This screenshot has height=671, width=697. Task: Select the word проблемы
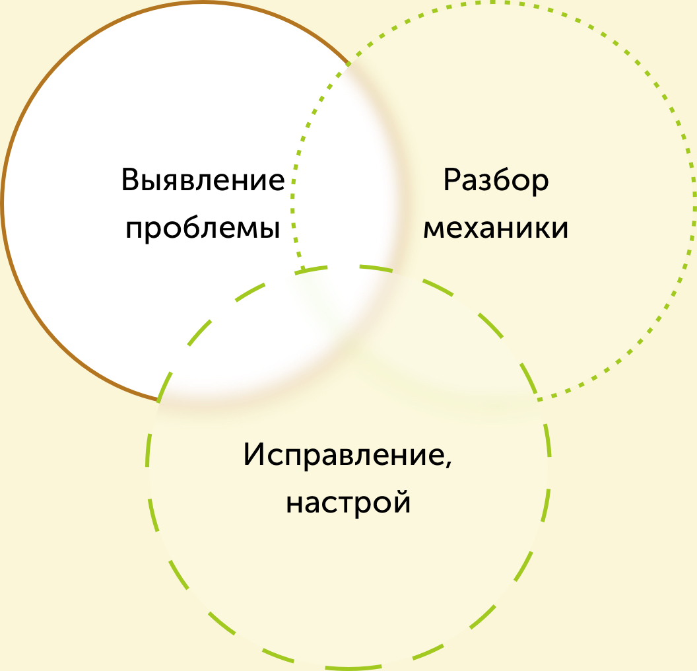(203, 230)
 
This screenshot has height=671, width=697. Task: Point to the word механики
(496, 229)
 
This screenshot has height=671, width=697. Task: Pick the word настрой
(348, 503)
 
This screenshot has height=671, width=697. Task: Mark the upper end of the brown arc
(349, 65)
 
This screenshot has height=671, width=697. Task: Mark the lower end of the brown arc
(158, 400)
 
